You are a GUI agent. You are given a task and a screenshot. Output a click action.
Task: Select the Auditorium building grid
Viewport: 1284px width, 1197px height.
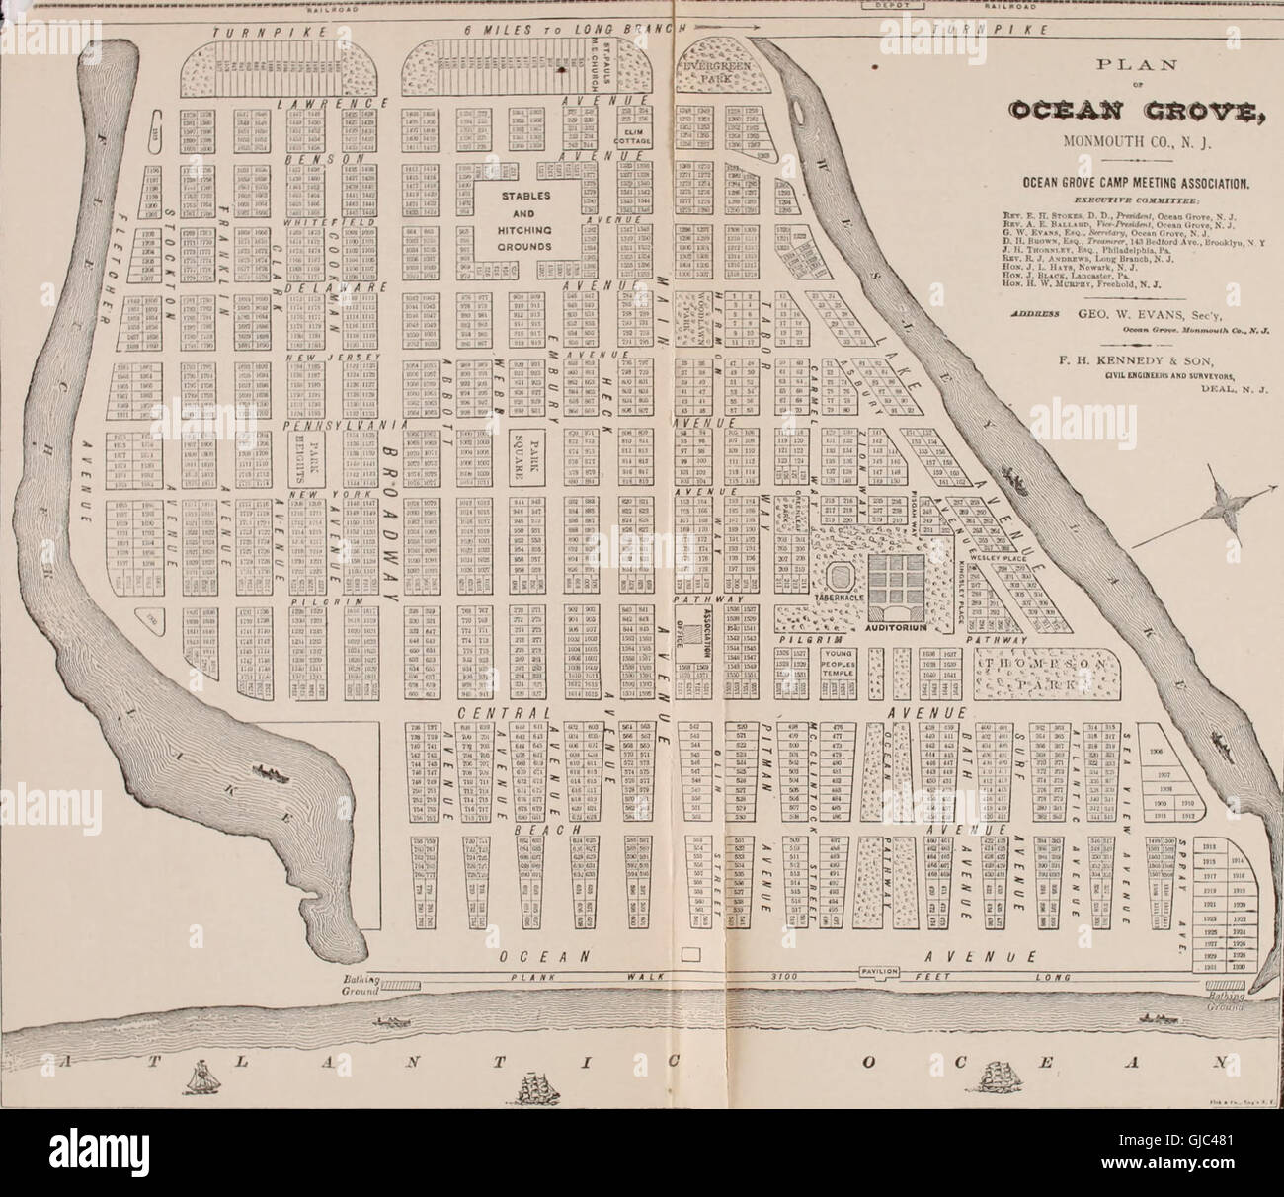click(x=899, y=583)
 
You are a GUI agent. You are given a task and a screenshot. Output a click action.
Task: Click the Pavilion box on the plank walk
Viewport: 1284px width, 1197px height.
click(x=879, y=971)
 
